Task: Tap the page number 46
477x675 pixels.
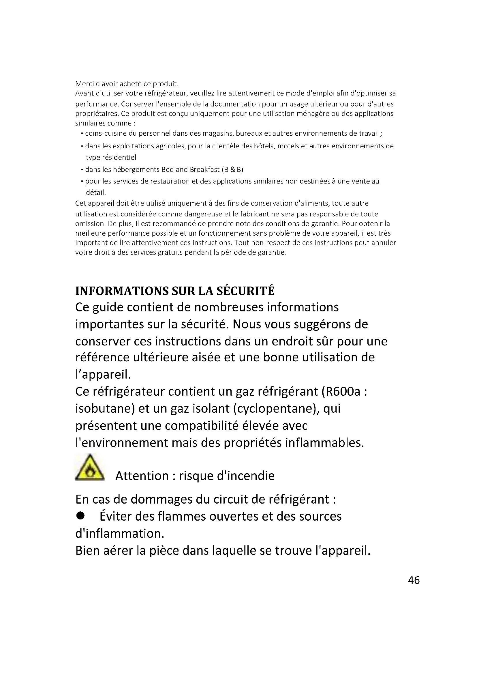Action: click(x=414, y=580)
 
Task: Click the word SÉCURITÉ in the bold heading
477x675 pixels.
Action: click(x=245, y=291)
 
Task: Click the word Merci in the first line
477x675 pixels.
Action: click(x=84, y=84)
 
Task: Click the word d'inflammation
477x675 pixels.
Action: click(x=120, y=533)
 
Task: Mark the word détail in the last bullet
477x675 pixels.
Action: click(x=96, y=193)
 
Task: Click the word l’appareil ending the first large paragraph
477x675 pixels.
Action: click(x=103, y=375)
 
